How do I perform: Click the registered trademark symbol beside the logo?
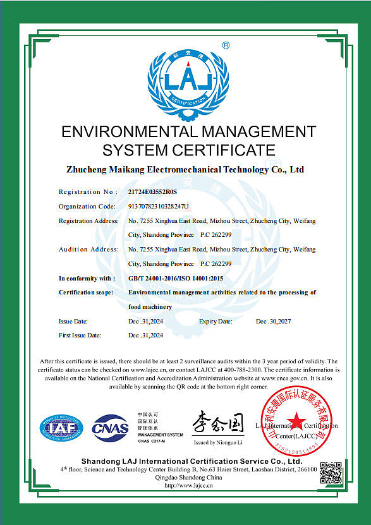(x=226, y=45)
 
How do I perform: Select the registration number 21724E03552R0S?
(x=153, y=191)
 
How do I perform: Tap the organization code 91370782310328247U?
(x=159, y=206)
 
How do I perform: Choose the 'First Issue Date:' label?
(x=80, y=335)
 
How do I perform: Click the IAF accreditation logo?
(x=62, y=428)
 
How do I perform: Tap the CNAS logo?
(x=111, y=428)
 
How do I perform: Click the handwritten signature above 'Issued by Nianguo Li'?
(x=217, y=422)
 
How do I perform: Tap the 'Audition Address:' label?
(x=88, y=249)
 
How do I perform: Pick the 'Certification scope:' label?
(x=86, y=293)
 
